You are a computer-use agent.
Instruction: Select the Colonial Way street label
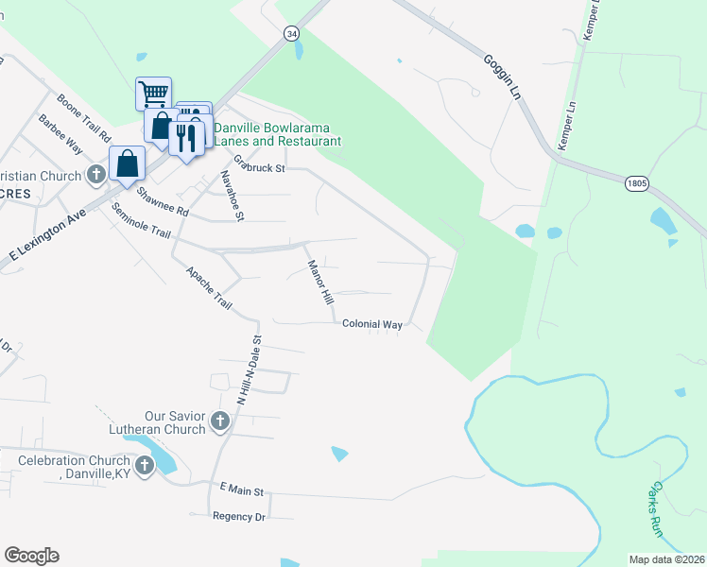click(x=372, y=324)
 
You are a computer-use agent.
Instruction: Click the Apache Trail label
click(x=209, y=286)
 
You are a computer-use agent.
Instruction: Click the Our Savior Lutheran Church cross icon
click(x=220, y=421)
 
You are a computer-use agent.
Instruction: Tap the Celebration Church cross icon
click(x=145, y=465)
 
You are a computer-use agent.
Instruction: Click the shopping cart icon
click(x=153, y=94)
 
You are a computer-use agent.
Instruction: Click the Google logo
click(x=32, y=556)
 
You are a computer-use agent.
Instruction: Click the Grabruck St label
click(x=259, y=164)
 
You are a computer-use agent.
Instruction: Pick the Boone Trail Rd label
click(x=84, y=116)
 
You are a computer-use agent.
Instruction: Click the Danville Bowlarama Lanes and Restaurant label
click(x=276, y=134)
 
